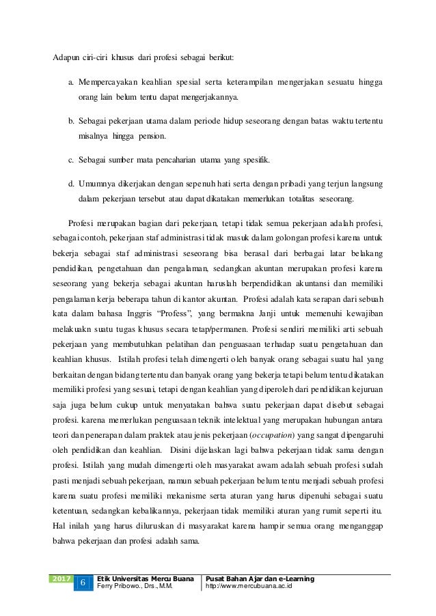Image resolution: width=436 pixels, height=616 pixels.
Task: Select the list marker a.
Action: [70, 83]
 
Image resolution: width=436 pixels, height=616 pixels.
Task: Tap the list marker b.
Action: [70, 121]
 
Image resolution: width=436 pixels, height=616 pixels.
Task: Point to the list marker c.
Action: [70, 160]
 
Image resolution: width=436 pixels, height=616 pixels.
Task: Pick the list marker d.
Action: [70, 184]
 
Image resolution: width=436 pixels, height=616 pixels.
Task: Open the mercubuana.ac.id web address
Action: [254, 586]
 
